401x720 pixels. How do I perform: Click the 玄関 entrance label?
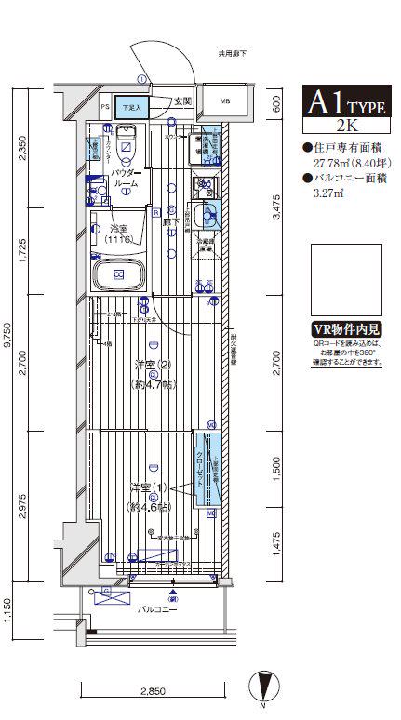[181, 100]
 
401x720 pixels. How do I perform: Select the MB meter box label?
[226, 101]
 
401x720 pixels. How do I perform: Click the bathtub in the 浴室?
[119, 274]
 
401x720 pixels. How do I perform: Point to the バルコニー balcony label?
[153, 610]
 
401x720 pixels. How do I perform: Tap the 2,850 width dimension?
[153, 691]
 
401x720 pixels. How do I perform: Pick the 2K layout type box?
[345, 125]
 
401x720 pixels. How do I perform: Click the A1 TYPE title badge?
[345, 100]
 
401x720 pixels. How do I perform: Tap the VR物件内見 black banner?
[345, 329]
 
